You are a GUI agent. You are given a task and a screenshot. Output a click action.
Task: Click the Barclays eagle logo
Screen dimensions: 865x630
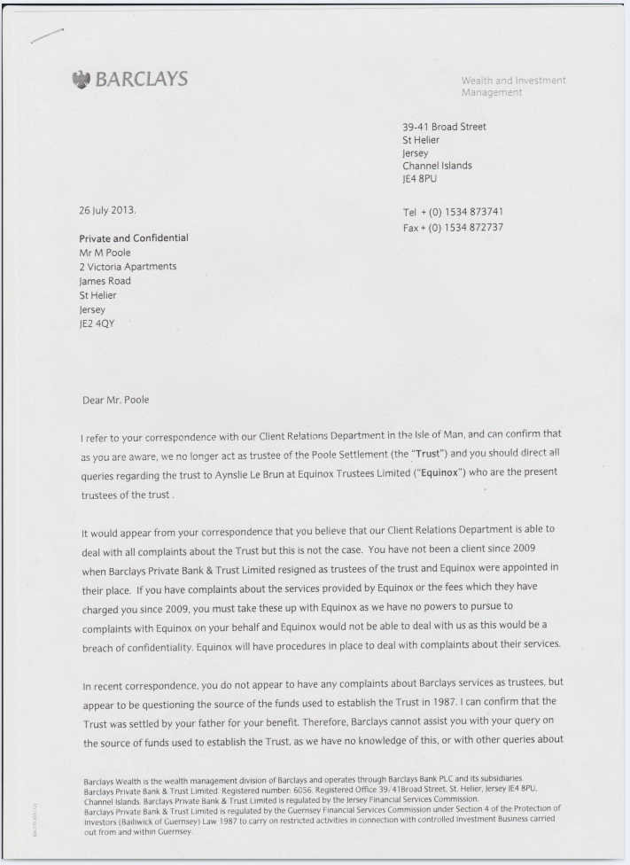coord(82,79)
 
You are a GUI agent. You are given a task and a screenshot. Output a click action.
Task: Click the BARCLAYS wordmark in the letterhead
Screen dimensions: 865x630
coord(142,79)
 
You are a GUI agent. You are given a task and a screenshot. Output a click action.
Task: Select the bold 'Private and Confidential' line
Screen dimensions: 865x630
coord(134,238)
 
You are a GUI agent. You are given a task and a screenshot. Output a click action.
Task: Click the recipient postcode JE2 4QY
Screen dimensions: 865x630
coord(97,323)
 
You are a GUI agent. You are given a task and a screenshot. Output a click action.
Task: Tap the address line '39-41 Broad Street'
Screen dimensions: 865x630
coord(444,127)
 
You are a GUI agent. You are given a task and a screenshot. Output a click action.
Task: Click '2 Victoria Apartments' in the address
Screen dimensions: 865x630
coord(128,266)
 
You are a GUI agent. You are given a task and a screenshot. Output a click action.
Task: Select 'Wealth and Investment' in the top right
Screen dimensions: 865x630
coord(513,82)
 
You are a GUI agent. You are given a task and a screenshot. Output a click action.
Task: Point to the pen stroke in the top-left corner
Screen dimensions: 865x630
coord(47,35)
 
